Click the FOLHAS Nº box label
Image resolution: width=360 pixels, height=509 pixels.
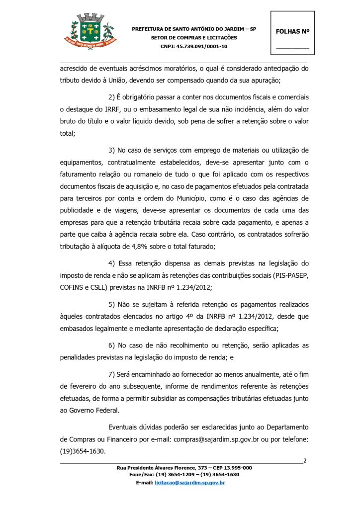(292, 31)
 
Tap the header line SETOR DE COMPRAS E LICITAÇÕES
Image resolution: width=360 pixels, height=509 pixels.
(194, 38)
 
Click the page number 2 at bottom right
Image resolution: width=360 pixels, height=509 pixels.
(304, 461)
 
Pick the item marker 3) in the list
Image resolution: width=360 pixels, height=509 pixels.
(112, 150)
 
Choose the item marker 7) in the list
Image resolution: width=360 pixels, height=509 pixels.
(112, 374)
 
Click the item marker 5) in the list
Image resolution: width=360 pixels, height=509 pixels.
(112, 304)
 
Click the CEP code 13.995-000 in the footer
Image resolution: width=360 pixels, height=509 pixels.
(233, 468)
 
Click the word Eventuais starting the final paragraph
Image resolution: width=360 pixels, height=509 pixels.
(125, 427)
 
